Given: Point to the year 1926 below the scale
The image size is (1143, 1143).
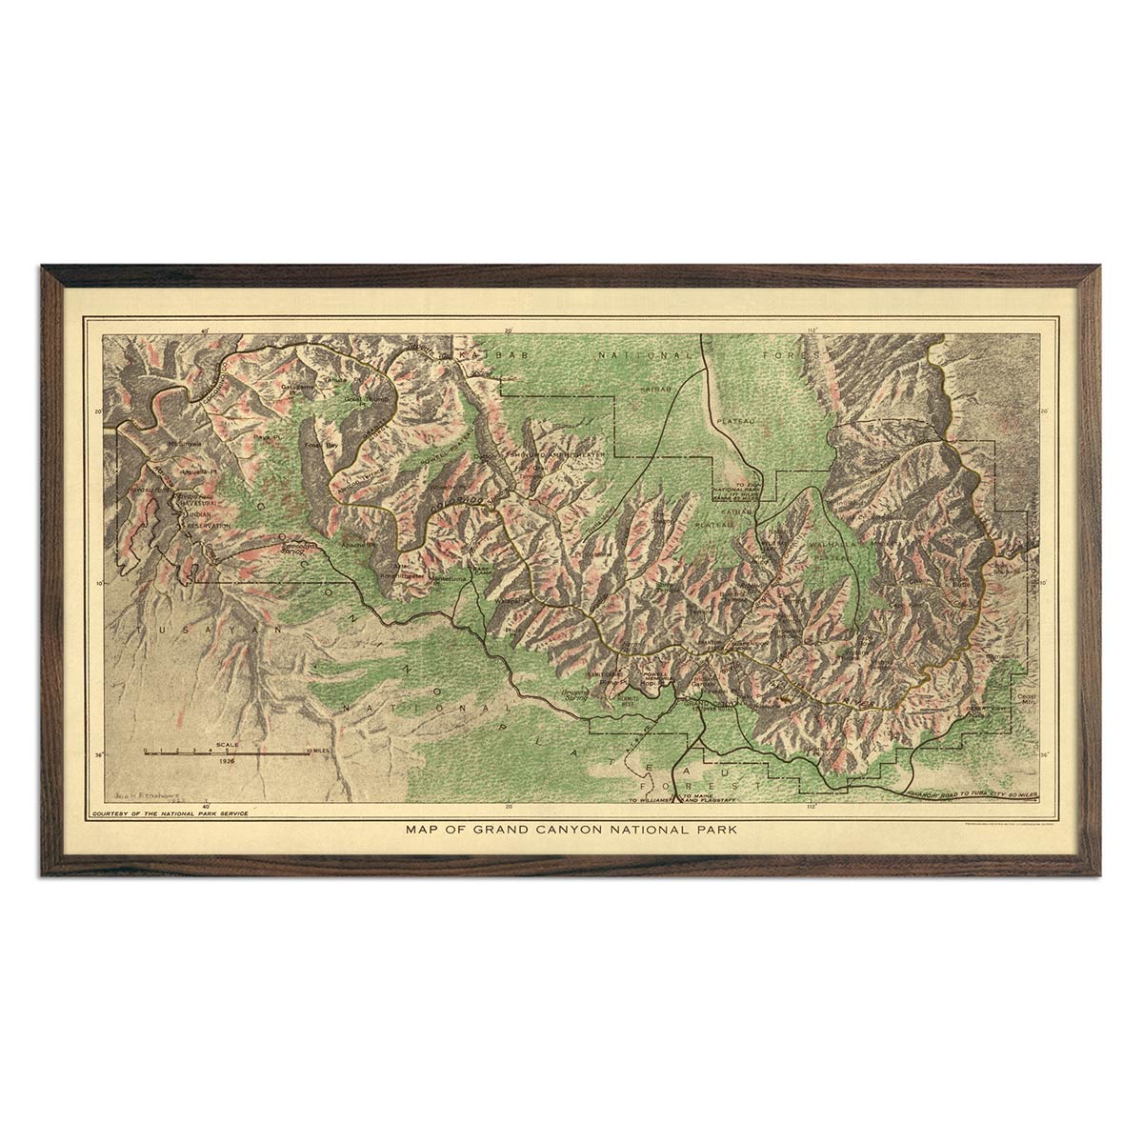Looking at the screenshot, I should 227,763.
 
